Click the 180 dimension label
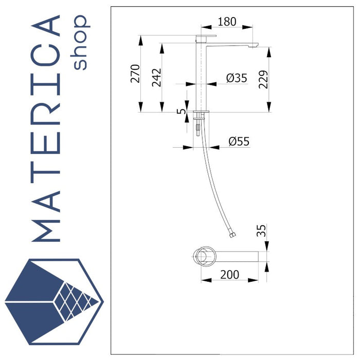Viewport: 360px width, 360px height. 226,22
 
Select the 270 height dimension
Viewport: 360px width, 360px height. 135,74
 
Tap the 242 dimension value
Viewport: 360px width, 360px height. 157,78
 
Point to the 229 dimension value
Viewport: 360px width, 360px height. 263,79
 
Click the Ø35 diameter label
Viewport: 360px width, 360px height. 237,78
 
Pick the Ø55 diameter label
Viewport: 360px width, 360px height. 239,141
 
